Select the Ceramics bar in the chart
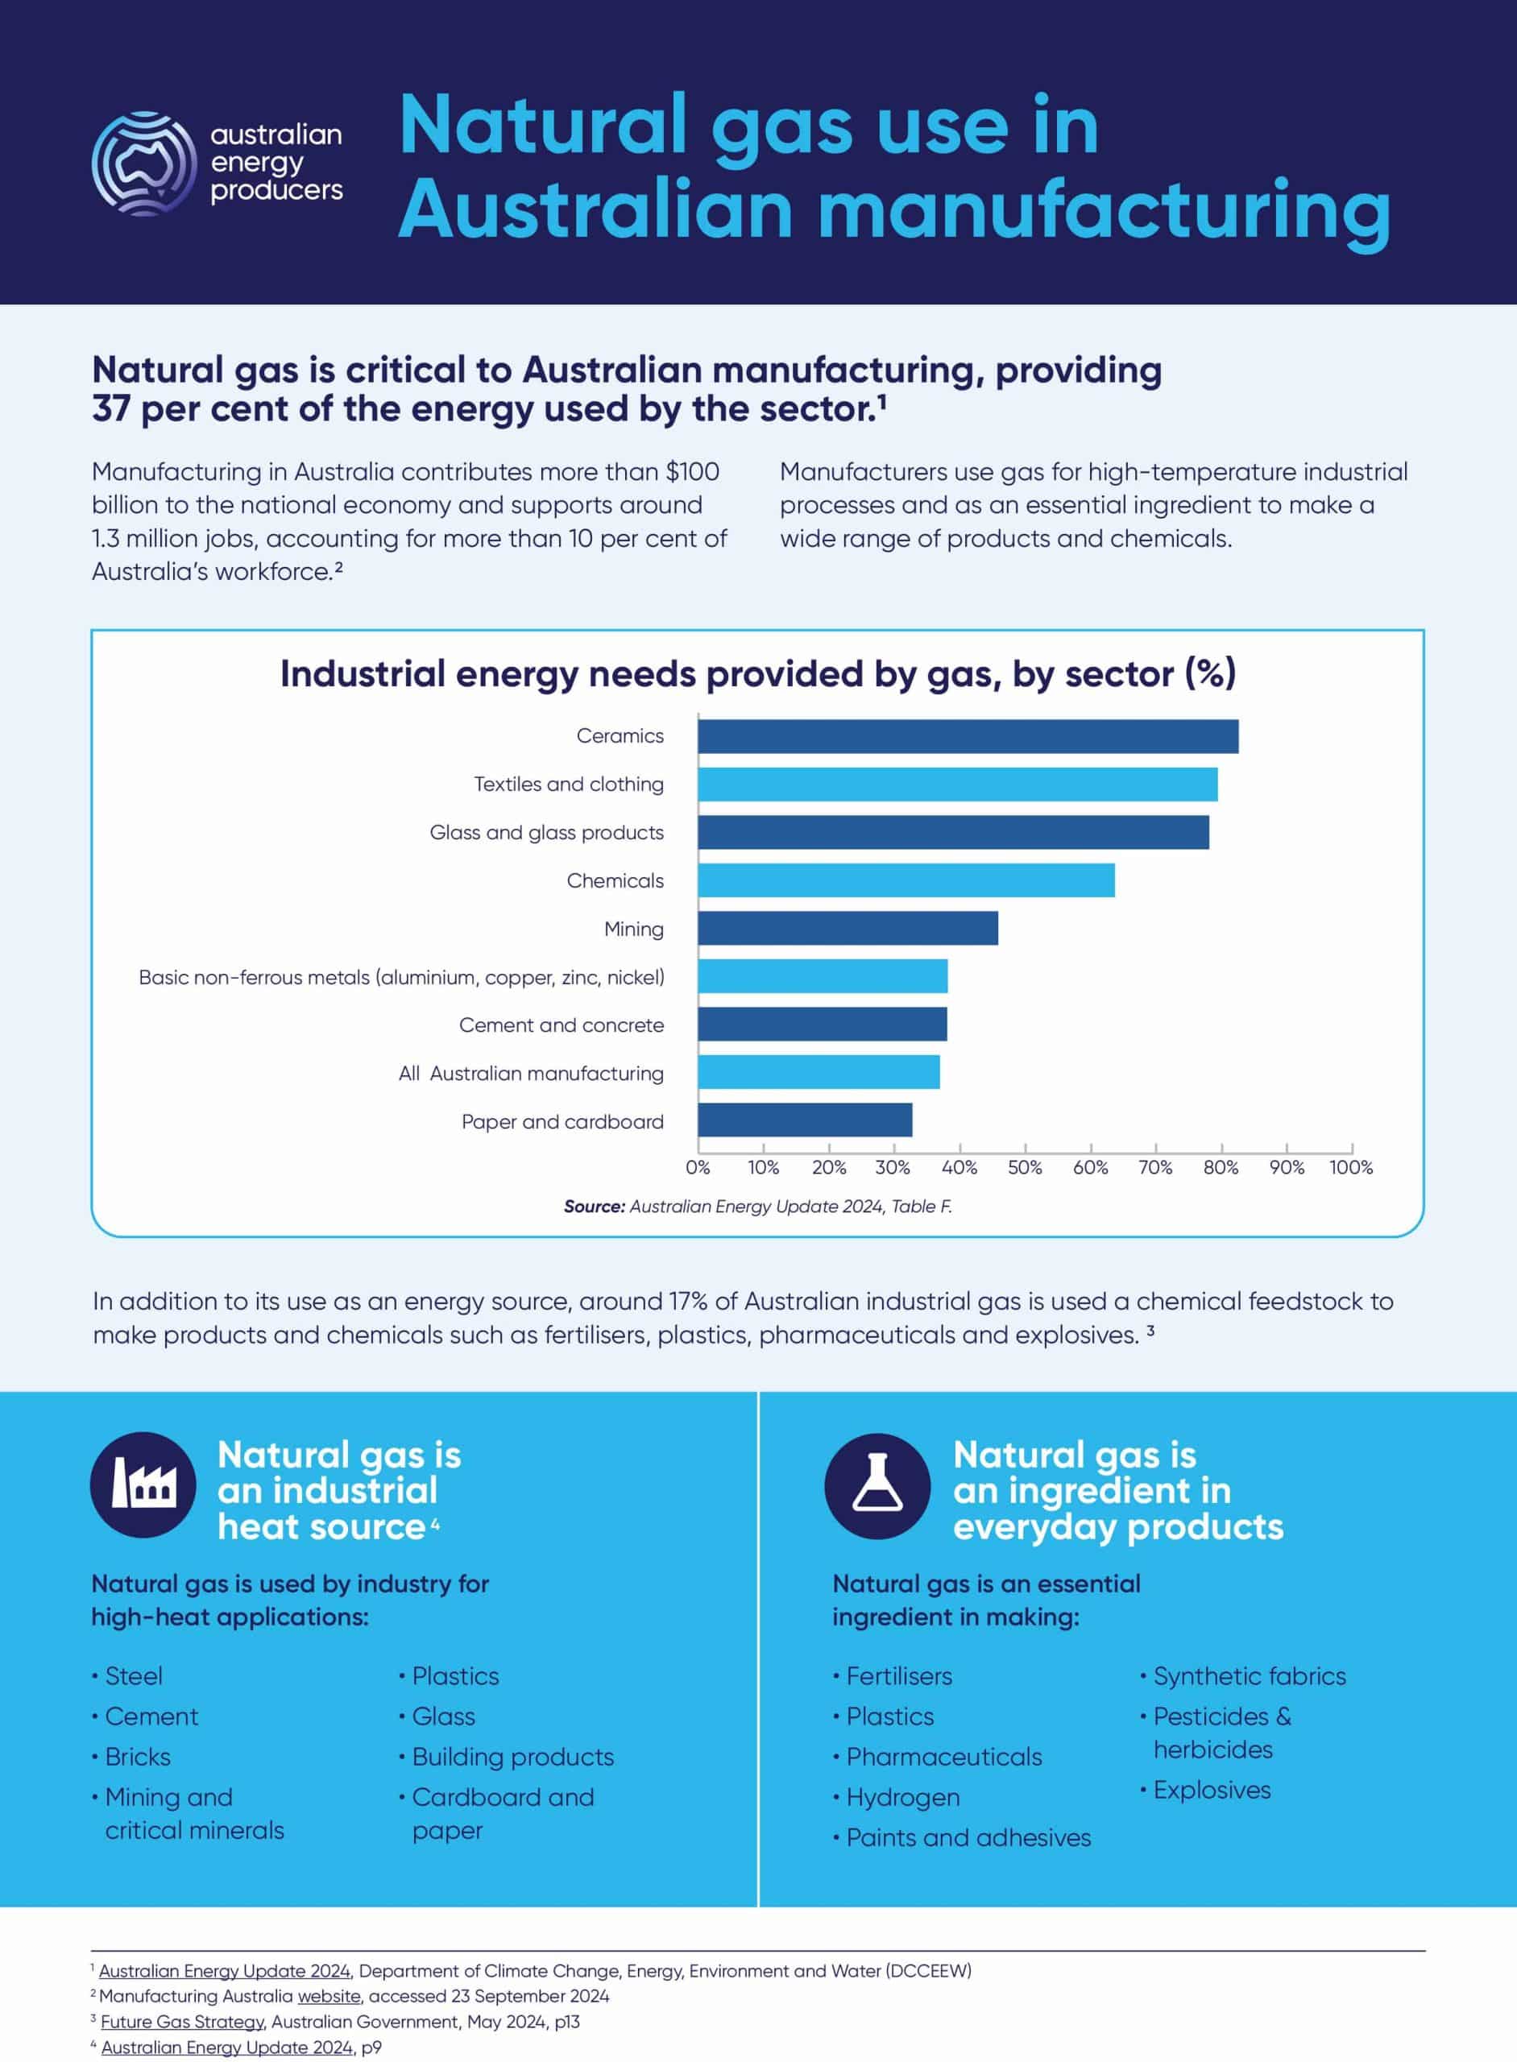[967, 736]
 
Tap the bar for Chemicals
[906, 880]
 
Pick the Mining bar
[848, 928]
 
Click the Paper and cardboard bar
[804, 1120]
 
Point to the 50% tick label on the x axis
[1025, 1167]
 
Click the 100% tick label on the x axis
[1351, 1167]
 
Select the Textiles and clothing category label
[569, 784]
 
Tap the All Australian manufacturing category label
[531, 1073]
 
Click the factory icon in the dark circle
[143, 1484]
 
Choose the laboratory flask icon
[878, 1484]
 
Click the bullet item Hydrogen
[902, 1797]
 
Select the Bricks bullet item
[138, 1756]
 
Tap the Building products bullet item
[512, 1756]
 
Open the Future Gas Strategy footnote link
[183, 2022]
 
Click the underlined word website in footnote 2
[329, 1996]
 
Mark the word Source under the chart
[594, 1207]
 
